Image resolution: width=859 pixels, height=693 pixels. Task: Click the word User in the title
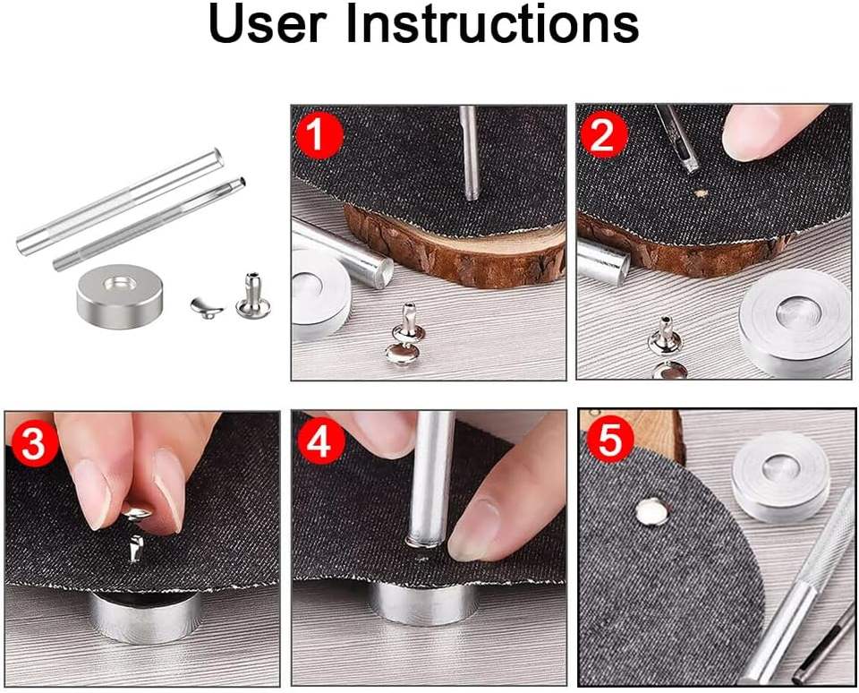[x=268, y=25]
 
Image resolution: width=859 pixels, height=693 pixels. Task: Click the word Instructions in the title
[x=492, y=25]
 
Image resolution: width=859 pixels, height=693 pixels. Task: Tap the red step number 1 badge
[x=319, y=135]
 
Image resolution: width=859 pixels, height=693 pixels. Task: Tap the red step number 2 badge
[x=604, y=135]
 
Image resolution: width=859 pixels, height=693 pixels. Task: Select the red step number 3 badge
[x=33, y=443]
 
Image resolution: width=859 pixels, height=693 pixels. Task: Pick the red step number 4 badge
[x=319, y=442]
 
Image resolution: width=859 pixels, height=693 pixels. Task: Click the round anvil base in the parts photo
[x=119, y=296]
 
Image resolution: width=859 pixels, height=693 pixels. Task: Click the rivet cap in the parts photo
[x=207, y=308]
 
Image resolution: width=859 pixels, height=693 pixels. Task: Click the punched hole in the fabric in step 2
[x=700, y=193]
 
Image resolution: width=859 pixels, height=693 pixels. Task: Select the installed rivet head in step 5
[x=652, y=511]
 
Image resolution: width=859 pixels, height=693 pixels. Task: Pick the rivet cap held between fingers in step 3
[x=136, y=513]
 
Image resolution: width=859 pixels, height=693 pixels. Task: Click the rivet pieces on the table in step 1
[x=404, y=334]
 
